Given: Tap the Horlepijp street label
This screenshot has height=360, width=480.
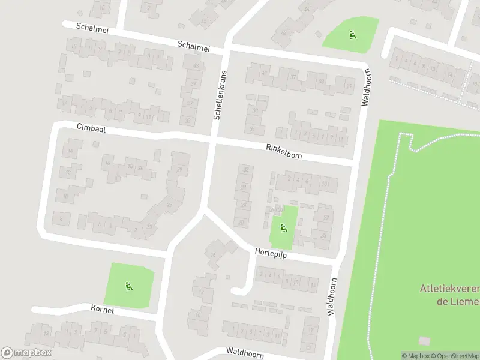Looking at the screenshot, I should click(271, 254).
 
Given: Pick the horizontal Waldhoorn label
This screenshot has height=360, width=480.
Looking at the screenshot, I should click(245, 352).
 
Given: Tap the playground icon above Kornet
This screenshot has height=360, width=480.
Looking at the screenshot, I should click(128, 286).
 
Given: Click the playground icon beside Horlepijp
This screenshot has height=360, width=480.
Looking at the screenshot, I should click(283, 227).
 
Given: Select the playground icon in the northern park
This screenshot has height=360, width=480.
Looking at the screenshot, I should click(352, 34).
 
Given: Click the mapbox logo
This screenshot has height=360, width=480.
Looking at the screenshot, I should click(26, 353).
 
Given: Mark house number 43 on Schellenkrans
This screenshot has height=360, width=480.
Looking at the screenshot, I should click(195, 65).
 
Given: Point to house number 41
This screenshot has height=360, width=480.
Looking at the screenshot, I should click(265, 73).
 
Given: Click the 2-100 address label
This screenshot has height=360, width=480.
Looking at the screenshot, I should click(275, 209).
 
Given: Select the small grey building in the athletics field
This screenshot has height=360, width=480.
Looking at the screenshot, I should click(424, 341).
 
